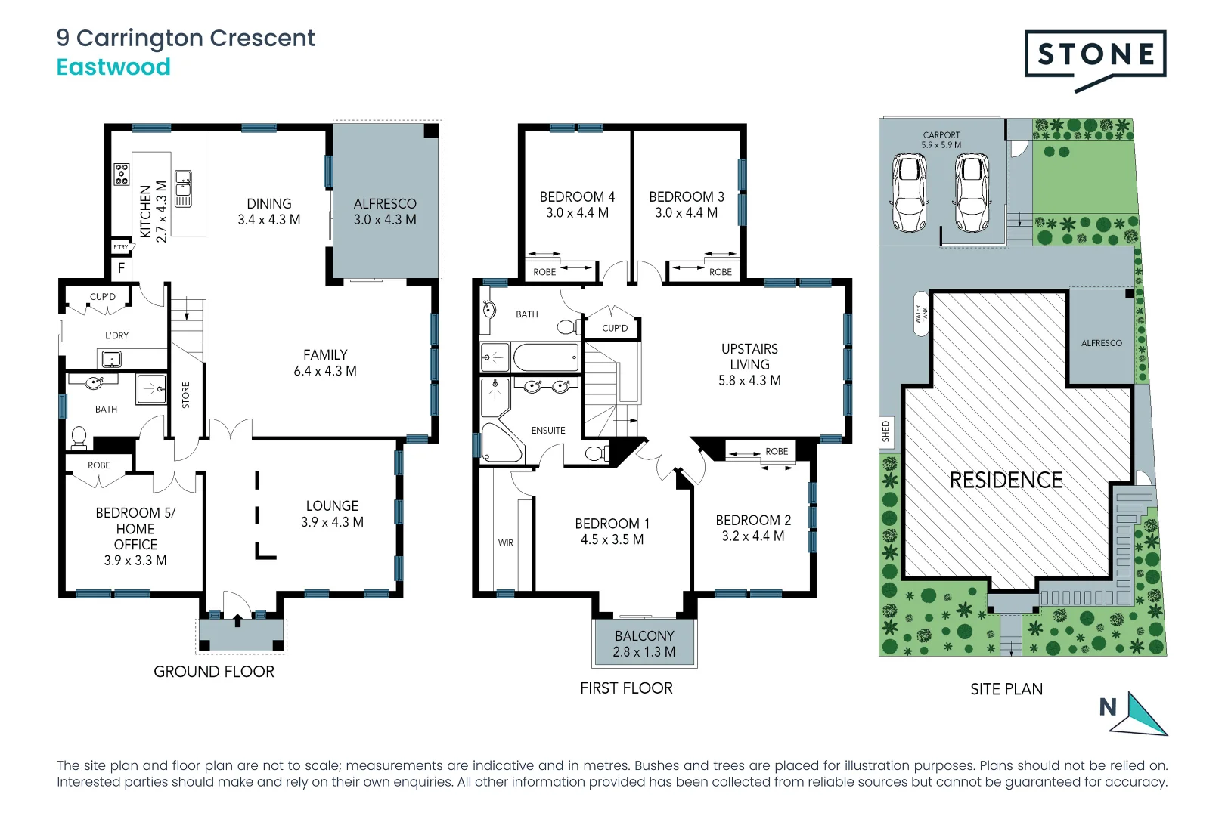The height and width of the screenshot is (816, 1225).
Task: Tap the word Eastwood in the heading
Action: pos(113,67)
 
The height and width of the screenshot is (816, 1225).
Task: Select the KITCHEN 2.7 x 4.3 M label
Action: pos(153,212)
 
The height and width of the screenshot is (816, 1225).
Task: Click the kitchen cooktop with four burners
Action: pos(122,175)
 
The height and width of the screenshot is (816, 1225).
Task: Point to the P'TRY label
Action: pos(121,247)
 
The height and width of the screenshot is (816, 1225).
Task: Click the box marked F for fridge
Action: pos(121,268)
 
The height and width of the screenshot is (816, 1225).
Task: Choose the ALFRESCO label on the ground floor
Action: pos(385,212)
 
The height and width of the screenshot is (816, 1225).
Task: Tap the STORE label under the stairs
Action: pos(186,395)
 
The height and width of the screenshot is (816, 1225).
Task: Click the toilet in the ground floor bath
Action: pos(79,437)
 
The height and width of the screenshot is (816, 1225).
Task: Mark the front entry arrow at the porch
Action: pos(238,620)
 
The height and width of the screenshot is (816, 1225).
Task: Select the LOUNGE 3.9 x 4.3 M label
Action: pos(332,514)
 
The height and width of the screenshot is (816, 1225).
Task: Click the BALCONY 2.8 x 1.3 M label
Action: pos(644,644)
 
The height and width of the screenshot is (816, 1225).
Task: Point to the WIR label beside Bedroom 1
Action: pos(506,542)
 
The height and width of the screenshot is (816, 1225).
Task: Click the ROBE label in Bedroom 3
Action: pos(720,272)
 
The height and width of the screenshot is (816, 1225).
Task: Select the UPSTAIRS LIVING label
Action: pos(749,364)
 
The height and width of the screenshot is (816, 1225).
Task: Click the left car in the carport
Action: pos(909,193)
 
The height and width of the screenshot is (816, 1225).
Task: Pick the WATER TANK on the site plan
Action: pos(921,314)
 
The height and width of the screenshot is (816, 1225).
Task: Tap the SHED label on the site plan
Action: pos(885,432)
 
